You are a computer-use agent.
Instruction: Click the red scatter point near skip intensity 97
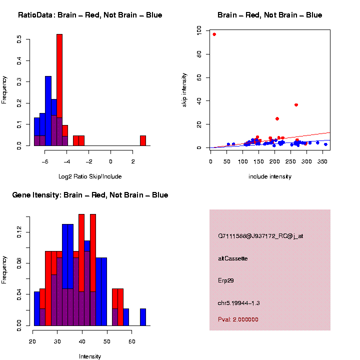(214, 34)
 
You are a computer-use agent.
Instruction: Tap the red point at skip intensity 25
(277, 119)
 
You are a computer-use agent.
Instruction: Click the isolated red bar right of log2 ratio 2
(143, 140)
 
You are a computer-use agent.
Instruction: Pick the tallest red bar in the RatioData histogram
(59, 90)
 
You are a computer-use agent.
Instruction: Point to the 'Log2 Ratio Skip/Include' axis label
(90, 176)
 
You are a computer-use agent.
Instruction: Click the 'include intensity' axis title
(270, 176)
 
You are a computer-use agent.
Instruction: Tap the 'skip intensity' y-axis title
(184, 89)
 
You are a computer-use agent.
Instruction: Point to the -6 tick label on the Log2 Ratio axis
(44, 161)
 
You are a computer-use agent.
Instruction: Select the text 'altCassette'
(233, 258)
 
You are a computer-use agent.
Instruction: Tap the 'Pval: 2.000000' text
(238, 319)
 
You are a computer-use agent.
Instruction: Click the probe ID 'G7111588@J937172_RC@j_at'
(260, 236)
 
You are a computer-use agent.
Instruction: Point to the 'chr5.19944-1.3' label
(239, 303)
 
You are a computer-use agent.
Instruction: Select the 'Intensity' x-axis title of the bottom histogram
(90, 356)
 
